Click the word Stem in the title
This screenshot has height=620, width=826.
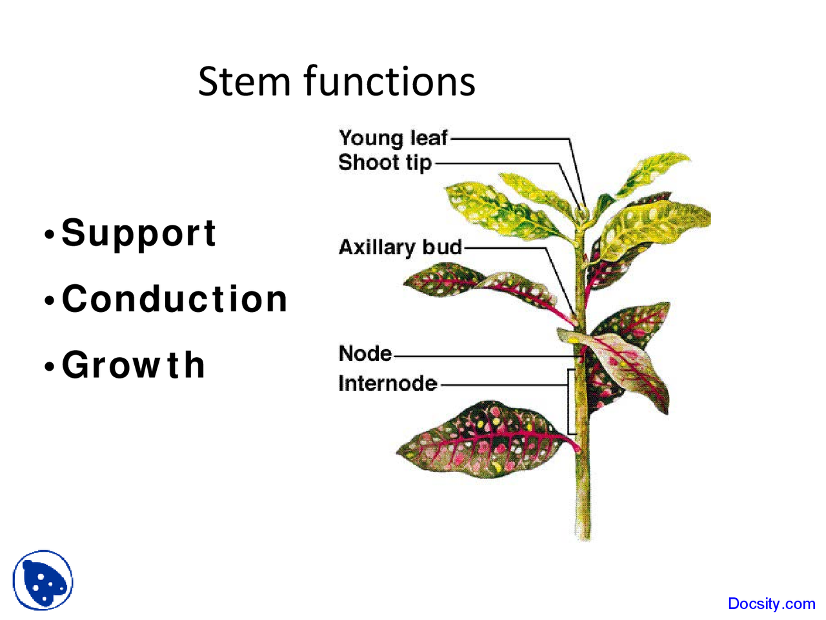coord(244,82)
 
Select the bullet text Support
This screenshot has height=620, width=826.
coord(139,233)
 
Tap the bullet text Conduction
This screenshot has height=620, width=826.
coord(174,299)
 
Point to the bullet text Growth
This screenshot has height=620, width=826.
coord(134,365)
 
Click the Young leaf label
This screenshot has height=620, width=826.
coord(393,138)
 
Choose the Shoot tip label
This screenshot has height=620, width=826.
coord(385,162)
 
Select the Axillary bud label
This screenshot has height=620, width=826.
coord(400,247)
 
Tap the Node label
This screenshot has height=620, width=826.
coord(365,354)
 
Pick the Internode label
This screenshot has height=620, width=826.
coord(387,384)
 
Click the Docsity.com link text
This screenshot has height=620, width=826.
coord(771,604)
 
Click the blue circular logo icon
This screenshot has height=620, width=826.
coord(43,580)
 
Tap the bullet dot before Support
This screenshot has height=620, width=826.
coord(49,235)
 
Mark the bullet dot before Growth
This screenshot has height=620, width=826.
coord(49,367)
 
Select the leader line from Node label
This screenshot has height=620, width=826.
coord(484,356)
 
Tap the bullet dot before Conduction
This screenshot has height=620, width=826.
coord(49,301)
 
